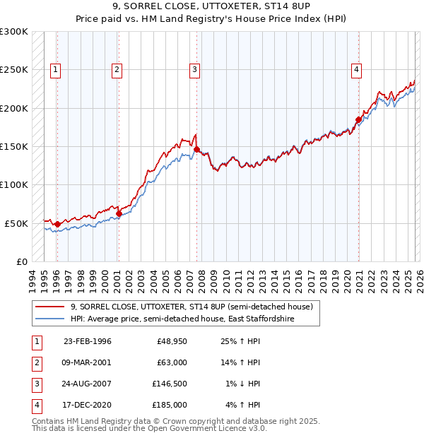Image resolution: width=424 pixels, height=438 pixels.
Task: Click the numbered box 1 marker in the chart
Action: [x=56, y=69]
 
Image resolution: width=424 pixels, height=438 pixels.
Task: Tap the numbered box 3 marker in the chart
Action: [x=194, y=69]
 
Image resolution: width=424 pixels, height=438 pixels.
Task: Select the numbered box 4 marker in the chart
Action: [x=357, y=69]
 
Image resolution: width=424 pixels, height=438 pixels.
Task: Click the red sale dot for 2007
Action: [x=197, y=150]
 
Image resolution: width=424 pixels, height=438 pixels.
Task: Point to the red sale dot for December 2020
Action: [x=358, y=120]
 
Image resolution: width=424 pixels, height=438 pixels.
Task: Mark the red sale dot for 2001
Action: [x=119, y=213]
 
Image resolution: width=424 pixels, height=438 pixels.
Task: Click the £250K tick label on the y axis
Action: [x=14, y=70]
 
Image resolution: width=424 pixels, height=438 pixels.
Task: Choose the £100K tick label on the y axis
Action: [x=14, y=184]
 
